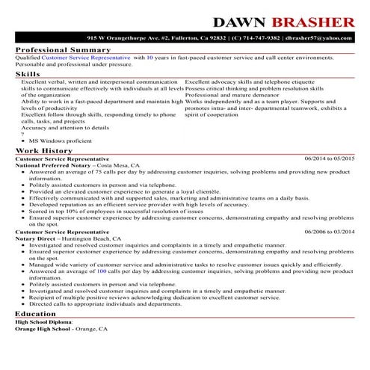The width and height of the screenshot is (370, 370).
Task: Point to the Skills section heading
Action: pos(28,75)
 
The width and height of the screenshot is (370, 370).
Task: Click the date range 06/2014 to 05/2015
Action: pos(330,159)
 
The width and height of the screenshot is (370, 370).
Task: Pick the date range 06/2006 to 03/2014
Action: pos(330,232)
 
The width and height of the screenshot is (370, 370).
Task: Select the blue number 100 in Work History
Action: pos(102,271)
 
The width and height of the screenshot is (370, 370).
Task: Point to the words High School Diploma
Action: pos(43,322)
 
